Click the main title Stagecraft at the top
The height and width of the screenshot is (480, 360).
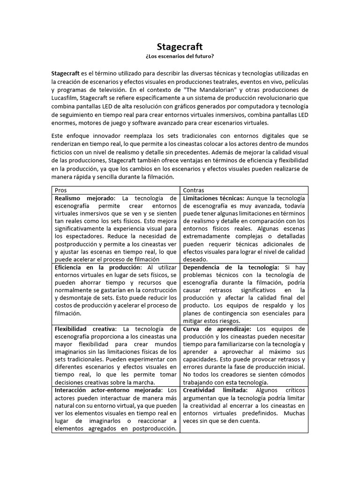tap(180, 47)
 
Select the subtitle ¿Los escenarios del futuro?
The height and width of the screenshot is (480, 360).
tap(180, 57)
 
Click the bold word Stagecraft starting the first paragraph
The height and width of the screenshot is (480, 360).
tap(66, 73)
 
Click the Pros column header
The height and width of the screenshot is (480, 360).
tap(61, 190)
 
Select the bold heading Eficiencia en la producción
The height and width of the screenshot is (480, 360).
tap(97, 267)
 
